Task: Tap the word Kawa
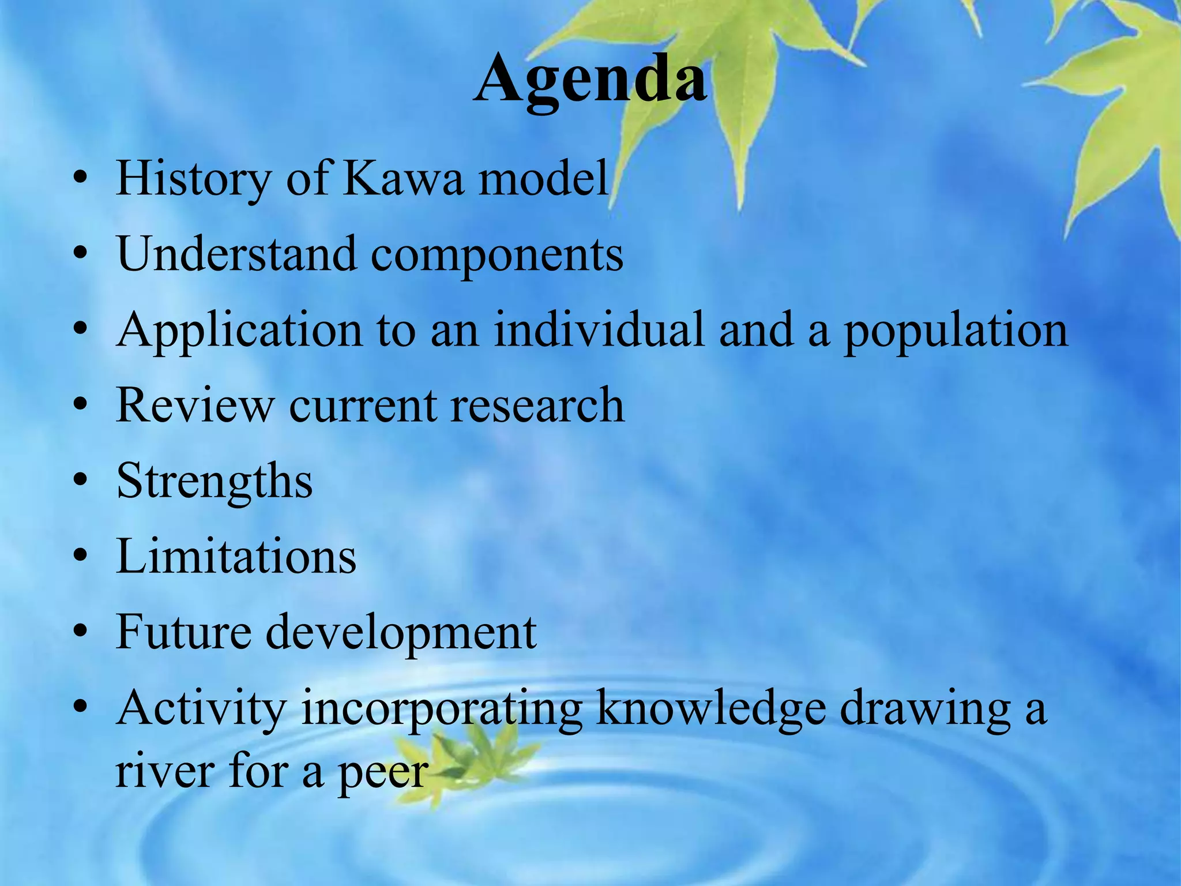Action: pos(404,178)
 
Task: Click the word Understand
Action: pos(236,254)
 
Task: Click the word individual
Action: pos(599,329)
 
